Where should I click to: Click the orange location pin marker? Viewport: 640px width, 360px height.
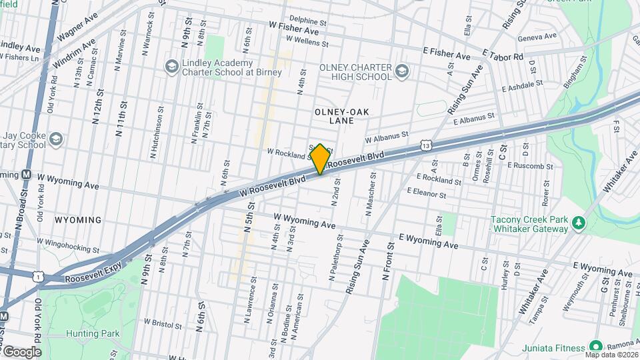320,159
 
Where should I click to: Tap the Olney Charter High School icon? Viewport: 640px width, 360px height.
401,71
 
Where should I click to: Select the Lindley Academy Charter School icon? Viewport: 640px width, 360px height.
171,67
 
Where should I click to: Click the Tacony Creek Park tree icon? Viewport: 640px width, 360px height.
579,223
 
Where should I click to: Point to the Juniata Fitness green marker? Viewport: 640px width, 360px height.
595,347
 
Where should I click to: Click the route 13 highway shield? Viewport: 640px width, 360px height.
426,144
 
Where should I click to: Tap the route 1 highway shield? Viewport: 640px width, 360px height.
41,275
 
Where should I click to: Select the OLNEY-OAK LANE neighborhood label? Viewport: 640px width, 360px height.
341,117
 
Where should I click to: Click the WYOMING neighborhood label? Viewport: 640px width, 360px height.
78,220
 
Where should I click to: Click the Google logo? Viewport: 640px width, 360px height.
21,352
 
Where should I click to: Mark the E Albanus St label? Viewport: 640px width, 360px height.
474,119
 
